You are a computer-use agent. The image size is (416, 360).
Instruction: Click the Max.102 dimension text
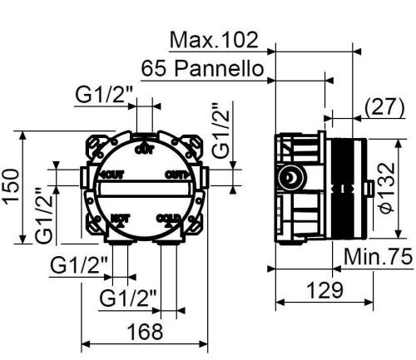pos(213,39)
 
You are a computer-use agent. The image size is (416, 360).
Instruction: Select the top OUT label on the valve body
pos(144,150)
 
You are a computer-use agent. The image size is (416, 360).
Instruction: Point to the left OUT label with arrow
pos(111,175)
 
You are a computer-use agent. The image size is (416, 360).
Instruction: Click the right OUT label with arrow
pos(176,175)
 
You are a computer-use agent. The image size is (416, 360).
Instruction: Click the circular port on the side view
pos(290,176)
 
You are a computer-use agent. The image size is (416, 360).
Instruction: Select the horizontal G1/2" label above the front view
pos(104,96)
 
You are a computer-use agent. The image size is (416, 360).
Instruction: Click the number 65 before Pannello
pos(155,67)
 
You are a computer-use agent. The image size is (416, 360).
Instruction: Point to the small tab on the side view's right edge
pos(366,190)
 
